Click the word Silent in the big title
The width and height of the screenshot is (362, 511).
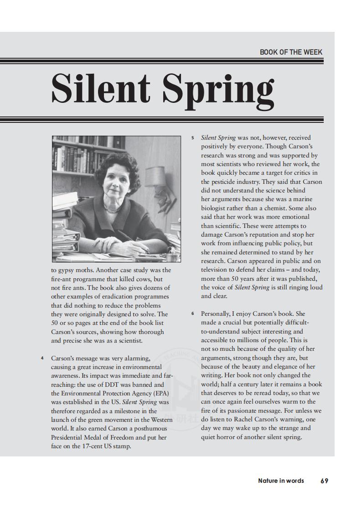(x=101, y=87)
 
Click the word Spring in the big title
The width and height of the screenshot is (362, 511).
(x=219, y=89)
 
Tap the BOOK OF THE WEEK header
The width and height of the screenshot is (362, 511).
(x=291, y=52)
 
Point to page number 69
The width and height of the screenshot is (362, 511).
(x=324, y=481)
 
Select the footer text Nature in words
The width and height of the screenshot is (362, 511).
(x=281, y=481)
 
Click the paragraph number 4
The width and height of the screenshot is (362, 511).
(x=42, y=358)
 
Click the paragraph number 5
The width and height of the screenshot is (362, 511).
(x=192, y=137)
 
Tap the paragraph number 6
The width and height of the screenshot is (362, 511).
(x=192, y=314)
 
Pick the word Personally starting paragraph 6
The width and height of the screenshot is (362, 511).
(x=216, y=314)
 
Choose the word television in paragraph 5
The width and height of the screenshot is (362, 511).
(x=216, y=270)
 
